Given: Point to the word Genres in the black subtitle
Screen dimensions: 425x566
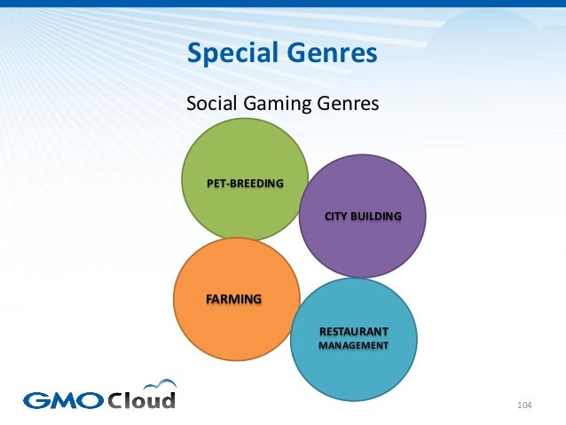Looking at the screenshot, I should coord(347,105).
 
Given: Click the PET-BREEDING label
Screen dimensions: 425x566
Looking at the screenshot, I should coord(245,184).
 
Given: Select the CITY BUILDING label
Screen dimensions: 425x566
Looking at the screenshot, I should coord(363,216).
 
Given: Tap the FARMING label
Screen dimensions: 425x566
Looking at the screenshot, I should coord(233,299).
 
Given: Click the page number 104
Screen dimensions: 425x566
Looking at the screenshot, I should coord(523,405).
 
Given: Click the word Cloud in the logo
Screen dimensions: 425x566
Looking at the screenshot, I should coord(142,400).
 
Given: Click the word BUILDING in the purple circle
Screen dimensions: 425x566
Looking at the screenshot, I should coord(376,216).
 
